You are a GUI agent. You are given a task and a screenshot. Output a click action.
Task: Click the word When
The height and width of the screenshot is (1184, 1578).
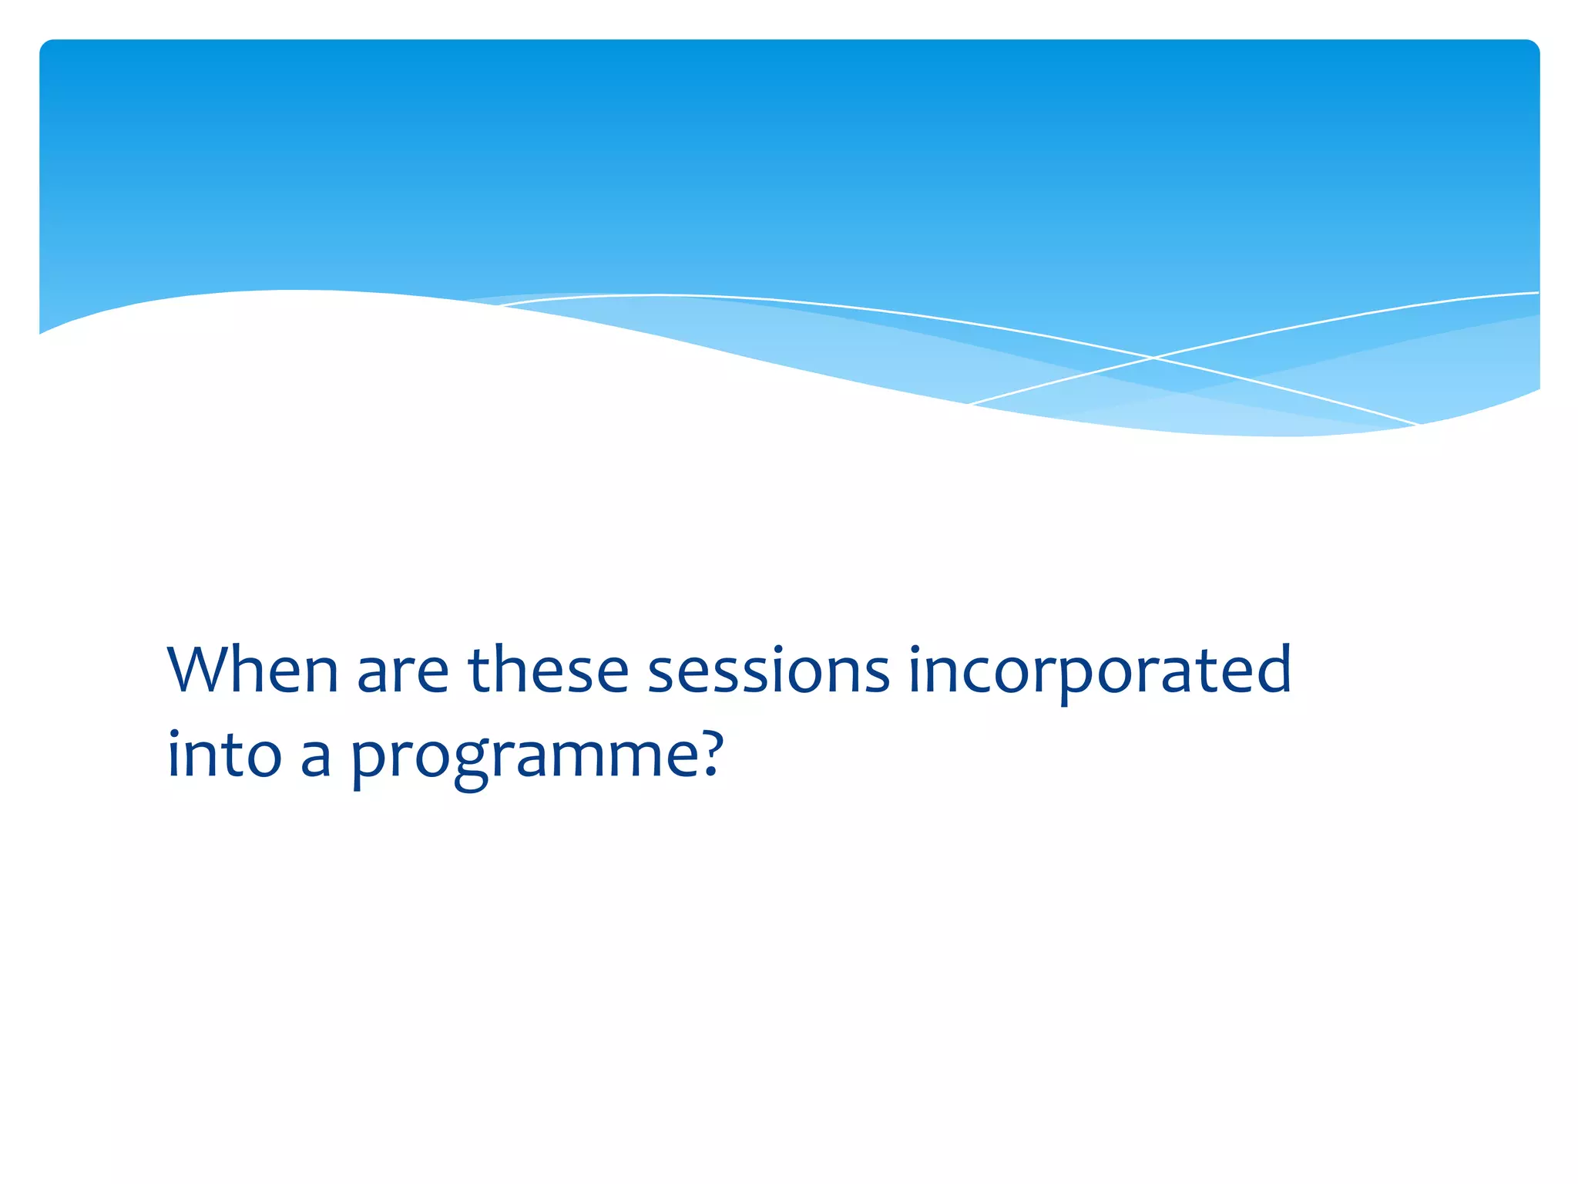coord(252,670)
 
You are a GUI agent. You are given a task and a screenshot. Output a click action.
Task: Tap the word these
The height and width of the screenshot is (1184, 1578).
coord(549,670)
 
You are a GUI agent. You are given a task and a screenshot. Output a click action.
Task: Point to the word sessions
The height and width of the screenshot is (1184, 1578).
coord(768,670)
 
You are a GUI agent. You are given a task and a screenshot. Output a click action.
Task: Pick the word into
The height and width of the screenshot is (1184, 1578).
coord(224,755)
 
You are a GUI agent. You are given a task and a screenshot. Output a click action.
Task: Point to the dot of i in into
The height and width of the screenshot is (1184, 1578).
coord(173,732)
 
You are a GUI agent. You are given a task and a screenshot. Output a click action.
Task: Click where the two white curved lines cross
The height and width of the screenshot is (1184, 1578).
coord(1153,358)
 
